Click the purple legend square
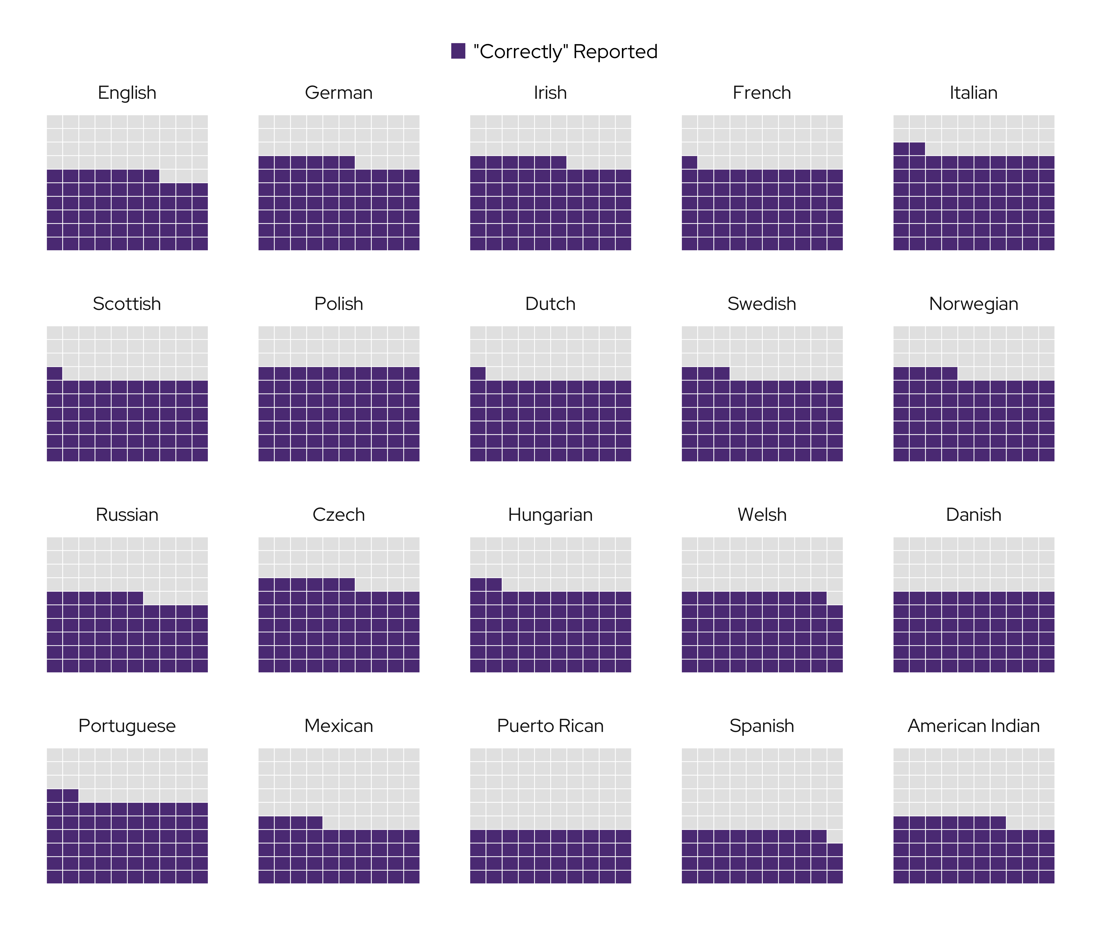pyautogui.click(x=458, y=51)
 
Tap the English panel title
pyautogui.click(x=127, y=93)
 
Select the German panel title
pyautogui.click(x=339, y=93)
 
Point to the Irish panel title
pyautogui.click(x=550, y=93)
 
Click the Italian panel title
pyautogui.click(x=973, y=93)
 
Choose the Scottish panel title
pyautogui.click(x=127, y=304)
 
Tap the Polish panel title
pyautogui.click(x=339, y=304)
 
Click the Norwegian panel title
pyautogui.click(x=973, y=304)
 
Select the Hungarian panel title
pyautogui.click(x=550, y=514)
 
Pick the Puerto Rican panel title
pyautogui.click(x=550, y=726)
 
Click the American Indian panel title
pyautogui.click(x=973, y=726)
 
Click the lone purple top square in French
pyautogui.click(x=689, y=162)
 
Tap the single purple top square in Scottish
pyautogui.click(x=55, y=373)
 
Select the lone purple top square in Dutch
pyautogui.click(x=478, y=373)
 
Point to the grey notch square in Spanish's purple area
pyautogui.click(x=835, y=836)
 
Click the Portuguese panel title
pyautogui.click(x=127, y=726)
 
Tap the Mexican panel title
pyautogui.click(x=339, y=726)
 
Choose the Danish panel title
pyautogui.click(x=973, y=514)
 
